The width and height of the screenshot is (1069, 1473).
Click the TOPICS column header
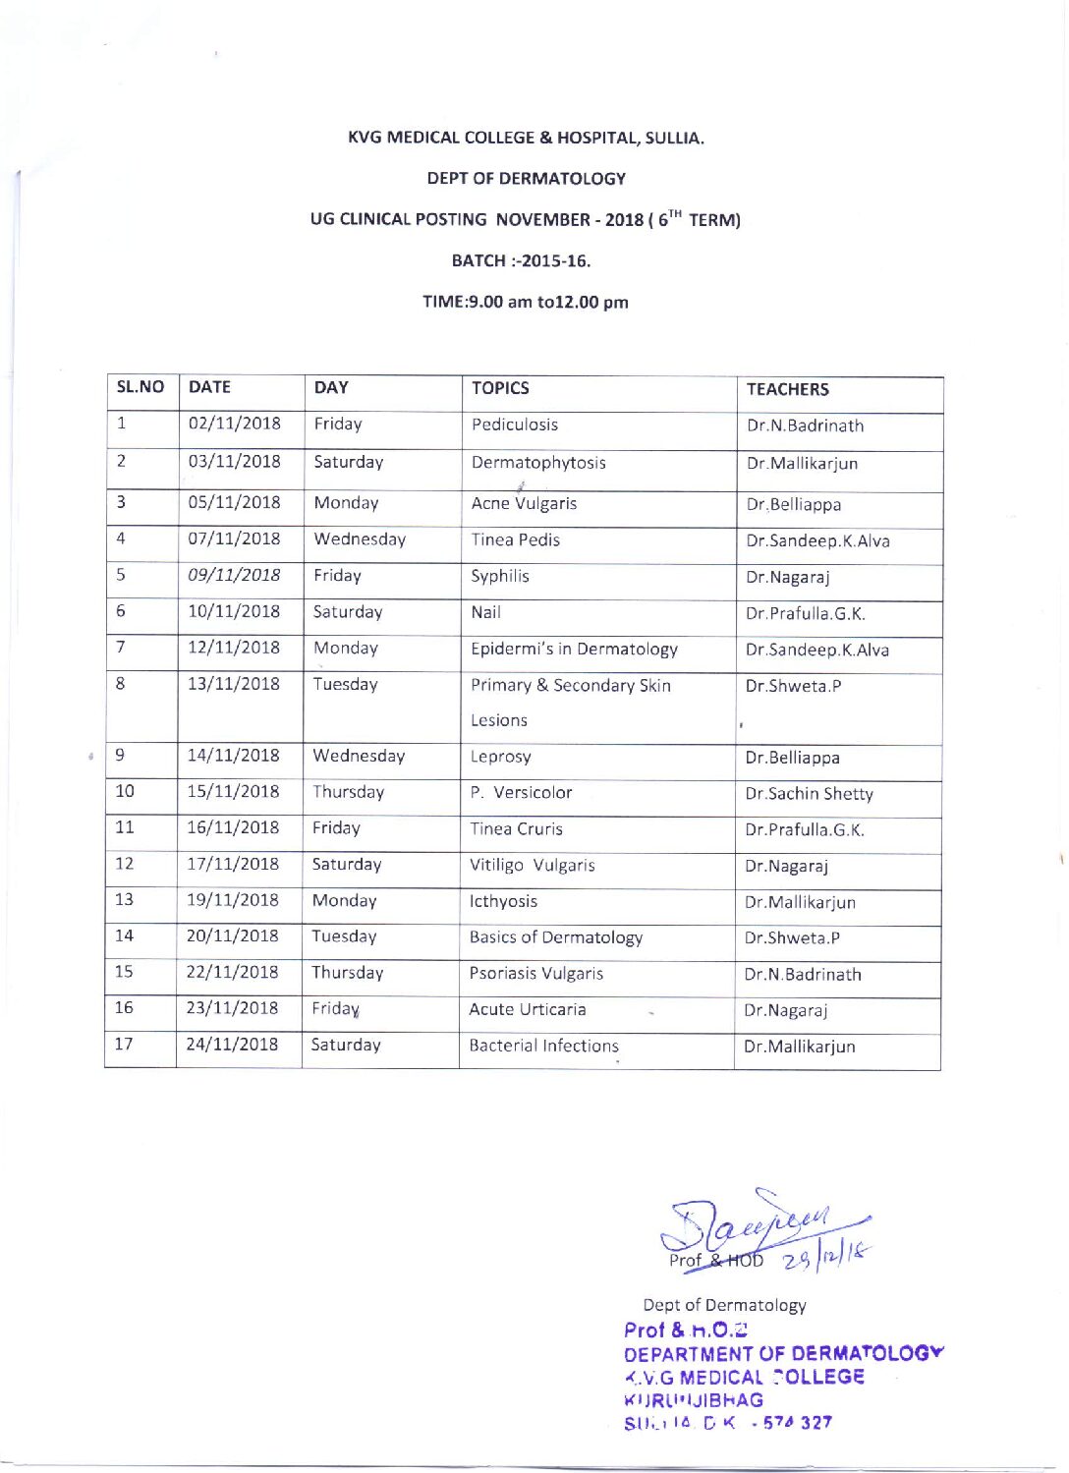500,388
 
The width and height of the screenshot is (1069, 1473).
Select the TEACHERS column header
787,389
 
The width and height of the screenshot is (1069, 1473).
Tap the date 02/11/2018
234,424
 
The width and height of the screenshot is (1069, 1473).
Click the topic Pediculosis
514,425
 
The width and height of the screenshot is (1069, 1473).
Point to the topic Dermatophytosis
538,463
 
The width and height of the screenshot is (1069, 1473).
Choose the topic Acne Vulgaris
524,503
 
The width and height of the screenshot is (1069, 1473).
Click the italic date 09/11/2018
234,575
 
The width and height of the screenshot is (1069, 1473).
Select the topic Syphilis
499,576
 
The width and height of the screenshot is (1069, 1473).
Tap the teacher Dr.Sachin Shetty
809,794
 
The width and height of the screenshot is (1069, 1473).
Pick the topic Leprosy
500,757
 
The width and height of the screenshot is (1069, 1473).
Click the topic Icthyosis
503,901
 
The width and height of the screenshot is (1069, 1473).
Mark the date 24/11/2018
232,1045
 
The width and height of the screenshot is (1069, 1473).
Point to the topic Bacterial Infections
543,1046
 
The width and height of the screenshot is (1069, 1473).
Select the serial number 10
125,791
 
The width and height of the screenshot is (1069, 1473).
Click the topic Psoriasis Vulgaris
535,974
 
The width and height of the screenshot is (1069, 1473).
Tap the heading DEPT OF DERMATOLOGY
526,179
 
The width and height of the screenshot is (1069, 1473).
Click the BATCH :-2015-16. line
521,260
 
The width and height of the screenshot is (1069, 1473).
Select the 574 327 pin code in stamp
797,1423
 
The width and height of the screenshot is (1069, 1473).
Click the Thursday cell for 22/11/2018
347,973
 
